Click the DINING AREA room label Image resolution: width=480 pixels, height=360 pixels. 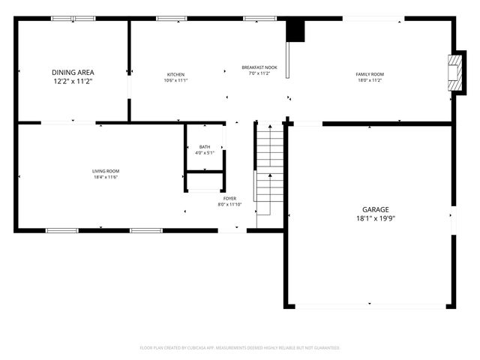(73, 73)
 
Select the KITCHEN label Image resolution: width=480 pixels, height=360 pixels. (176, 74)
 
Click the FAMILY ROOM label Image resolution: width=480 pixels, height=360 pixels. (369, 74)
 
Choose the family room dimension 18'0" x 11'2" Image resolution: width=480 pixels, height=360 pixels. (369, 80)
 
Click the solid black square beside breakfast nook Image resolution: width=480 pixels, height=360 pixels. (297, 31)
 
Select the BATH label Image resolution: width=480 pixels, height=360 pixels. (205, 147)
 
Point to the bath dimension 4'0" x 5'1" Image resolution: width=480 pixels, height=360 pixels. (205, 153)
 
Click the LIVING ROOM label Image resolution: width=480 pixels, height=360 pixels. (106, 172)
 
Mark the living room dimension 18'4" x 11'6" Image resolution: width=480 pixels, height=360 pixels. (106, 178)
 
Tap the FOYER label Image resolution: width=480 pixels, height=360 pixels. (229, 198)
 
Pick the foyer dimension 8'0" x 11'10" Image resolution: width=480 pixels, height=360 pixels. (229, 204)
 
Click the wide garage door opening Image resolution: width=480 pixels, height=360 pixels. (369, 306)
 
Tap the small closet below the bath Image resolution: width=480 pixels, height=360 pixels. (205, 182)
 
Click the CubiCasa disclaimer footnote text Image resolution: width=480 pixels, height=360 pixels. (240, 348)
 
